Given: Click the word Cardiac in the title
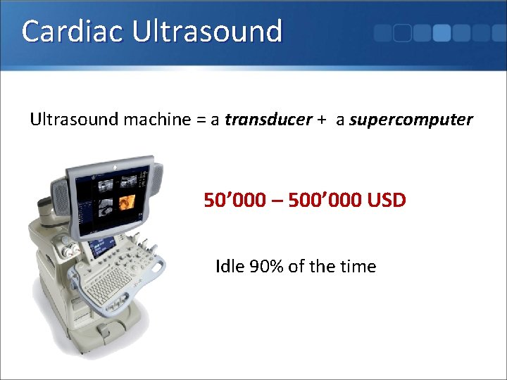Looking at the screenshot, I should point(65,32).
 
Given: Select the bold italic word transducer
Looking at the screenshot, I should point(268,120).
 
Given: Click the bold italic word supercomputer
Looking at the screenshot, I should point(411,120).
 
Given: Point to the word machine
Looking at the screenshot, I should point(157,120).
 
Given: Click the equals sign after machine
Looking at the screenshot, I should point(201,120).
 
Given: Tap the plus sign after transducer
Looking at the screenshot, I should point(321,120).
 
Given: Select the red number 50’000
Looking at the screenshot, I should point(234,201).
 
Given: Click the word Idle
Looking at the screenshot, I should point(230,266).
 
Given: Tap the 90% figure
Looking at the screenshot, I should point(268,266).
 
